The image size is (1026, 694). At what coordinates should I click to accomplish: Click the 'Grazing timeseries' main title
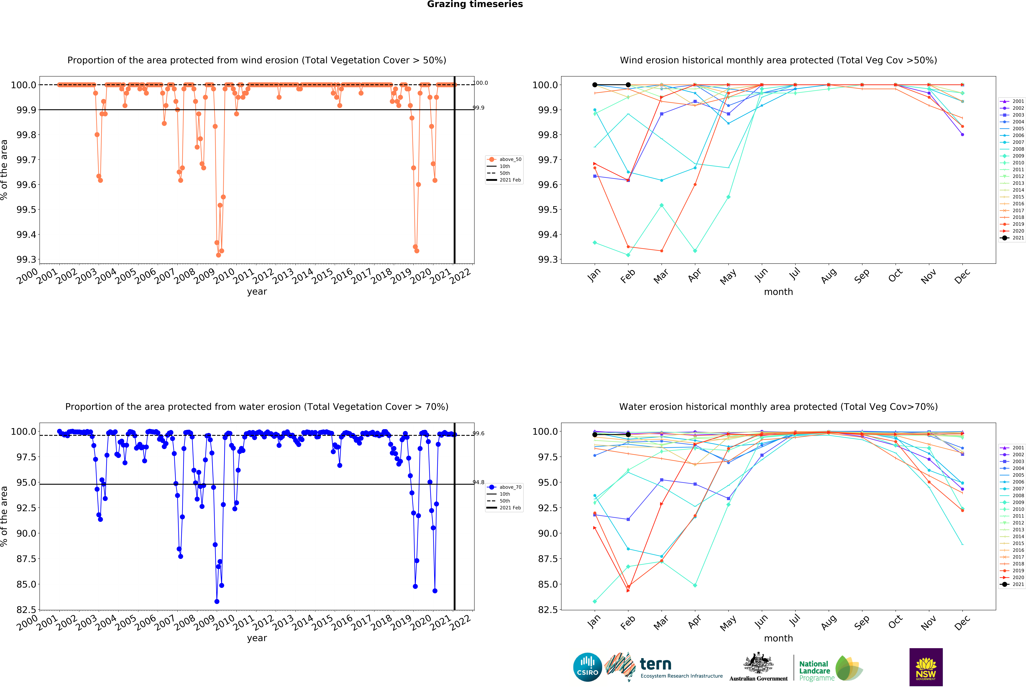click(475, 4)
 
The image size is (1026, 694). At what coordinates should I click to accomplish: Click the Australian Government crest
click(758, 663)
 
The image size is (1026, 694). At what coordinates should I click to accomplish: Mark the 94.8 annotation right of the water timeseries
click(479, 482)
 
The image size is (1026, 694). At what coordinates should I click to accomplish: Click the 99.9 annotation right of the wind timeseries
click(479, 108)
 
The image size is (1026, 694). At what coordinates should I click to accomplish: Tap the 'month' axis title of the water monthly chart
click(778, 638)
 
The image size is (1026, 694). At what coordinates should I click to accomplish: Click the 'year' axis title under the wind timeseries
click(257, 292)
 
